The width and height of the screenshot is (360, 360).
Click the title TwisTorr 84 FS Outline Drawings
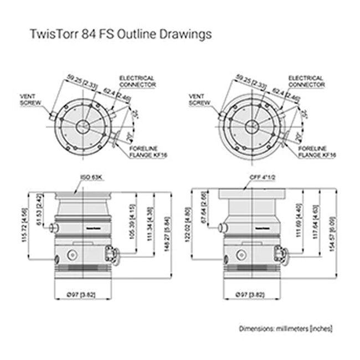[x=120, y=34]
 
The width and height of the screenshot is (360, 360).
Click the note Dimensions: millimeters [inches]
[x=286, y=328]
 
